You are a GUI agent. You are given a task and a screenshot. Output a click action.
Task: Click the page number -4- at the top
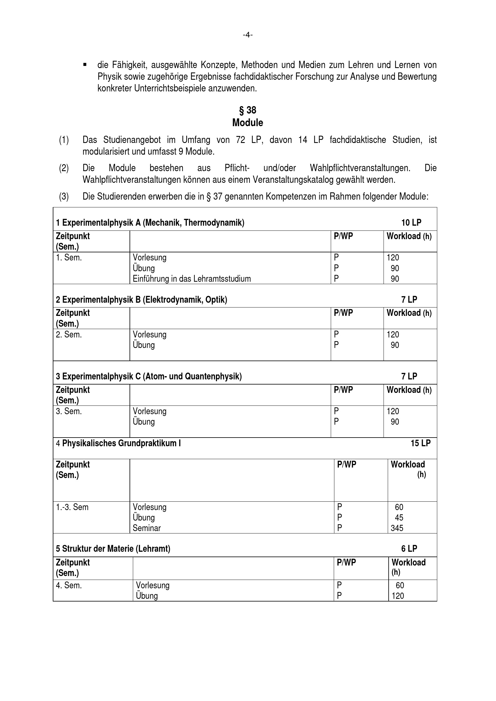248,35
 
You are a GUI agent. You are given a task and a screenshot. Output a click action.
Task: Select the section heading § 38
248,110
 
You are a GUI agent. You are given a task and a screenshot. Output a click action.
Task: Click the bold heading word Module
248,123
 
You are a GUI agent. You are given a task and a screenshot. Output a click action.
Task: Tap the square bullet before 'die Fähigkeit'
85,65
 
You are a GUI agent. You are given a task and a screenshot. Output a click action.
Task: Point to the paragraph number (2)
64,168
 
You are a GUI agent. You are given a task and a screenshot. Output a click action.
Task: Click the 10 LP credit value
411,223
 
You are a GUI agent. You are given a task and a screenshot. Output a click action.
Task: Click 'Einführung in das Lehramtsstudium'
192,279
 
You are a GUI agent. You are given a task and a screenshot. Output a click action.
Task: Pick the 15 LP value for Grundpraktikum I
420,443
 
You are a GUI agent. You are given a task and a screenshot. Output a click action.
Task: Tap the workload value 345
397,528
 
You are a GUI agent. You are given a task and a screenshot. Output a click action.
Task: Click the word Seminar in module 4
147,528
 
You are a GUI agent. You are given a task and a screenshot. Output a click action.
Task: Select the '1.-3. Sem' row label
72,507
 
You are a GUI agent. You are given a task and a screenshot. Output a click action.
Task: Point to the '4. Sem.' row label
69,585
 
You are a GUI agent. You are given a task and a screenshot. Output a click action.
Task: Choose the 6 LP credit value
409,549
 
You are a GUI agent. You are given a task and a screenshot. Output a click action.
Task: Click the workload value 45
399,518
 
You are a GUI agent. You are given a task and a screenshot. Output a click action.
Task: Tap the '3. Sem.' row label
69,411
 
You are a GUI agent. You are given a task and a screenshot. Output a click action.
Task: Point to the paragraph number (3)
64,197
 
